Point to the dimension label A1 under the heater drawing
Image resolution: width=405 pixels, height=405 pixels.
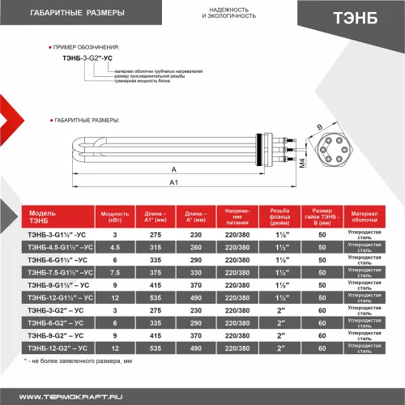pyautogui.click(x=173, y=184)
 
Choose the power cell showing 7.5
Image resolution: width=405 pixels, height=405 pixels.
pyautogui.click(x=115, y=272)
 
